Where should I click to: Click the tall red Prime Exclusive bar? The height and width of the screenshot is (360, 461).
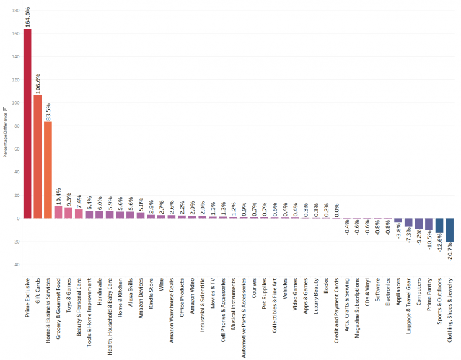27,124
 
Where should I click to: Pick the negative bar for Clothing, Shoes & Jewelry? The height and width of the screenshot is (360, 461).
449,230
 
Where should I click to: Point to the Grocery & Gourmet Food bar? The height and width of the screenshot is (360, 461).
58,213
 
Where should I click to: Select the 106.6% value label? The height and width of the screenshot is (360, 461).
38,83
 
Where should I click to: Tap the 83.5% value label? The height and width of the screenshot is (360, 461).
48,112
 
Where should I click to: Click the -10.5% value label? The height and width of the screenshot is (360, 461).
429,241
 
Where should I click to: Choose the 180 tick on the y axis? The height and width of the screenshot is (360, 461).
15,11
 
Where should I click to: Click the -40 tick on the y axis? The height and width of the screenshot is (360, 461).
15,265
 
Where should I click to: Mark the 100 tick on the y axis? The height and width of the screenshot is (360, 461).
15,103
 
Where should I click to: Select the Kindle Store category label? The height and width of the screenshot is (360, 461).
151,301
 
